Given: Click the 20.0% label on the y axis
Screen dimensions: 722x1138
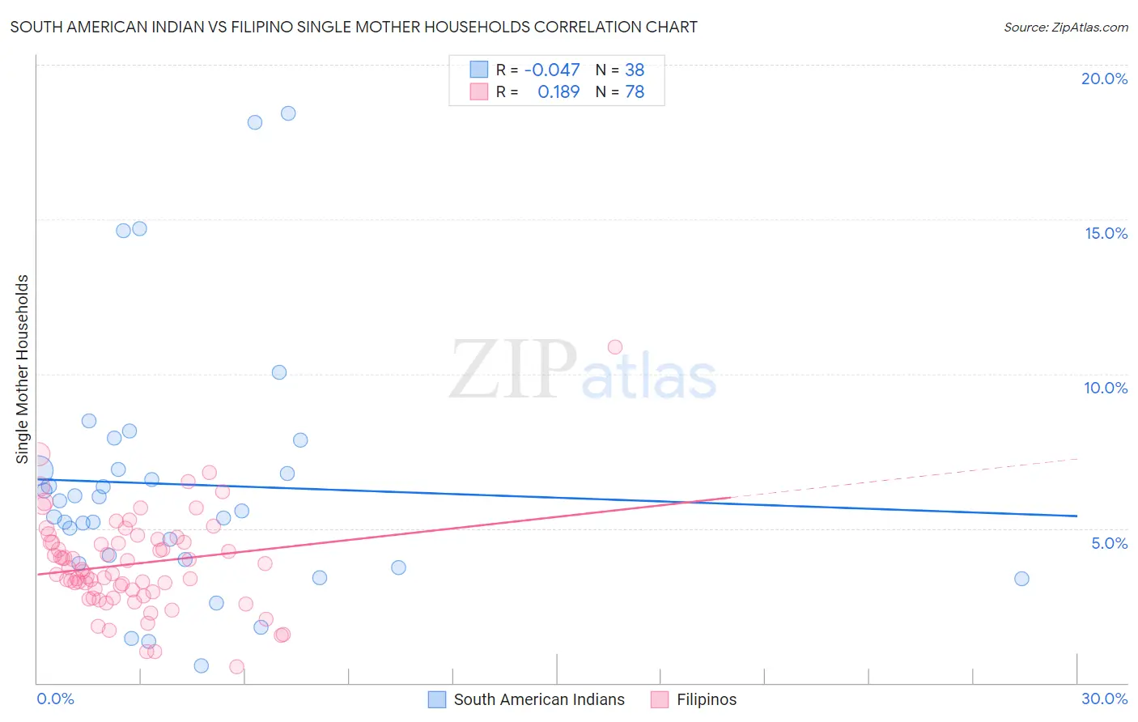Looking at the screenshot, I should pos(1104,79).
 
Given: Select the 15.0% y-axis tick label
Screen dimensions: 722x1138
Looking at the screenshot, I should pos(1106,233).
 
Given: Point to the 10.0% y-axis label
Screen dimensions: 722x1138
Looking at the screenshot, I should pos(1106,388).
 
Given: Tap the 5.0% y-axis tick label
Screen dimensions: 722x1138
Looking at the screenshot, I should pos(1109,543).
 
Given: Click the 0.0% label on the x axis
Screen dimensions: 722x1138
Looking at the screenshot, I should pos(55,699).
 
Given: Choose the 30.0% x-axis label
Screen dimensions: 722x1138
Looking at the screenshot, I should pos(1104,699).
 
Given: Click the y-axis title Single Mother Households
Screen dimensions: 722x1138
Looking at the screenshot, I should pos(23,369).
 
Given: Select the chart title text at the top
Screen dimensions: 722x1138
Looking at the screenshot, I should pos(354,27).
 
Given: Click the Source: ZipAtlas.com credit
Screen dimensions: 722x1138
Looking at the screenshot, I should pos(1065,27).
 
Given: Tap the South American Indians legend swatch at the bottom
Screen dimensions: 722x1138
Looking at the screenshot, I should pos(437,699).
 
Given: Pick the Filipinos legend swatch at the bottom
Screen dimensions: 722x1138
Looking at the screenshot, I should pos(660,699).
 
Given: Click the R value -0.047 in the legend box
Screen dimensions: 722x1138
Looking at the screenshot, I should pos(552,70).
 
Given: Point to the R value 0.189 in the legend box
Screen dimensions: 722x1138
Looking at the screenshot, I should pos(558,92).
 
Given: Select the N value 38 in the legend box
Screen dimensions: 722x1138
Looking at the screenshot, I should pos(635,70).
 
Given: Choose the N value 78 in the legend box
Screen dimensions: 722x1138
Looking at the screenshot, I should pos(635,92).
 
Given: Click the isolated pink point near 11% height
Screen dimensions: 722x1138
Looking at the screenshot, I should pos(615,347).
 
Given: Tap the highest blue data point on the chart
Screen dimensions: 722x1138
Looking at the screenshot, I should pos(288,113).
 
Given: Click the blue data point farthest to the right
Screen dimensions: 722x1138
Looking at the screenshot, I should pos(1021,579).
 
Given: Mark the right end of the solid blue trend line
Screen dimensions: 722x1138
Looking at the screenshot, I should pos(1076,516).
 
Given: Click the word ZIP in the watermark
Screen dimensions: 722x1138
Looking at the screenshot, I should pos(512,370).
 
